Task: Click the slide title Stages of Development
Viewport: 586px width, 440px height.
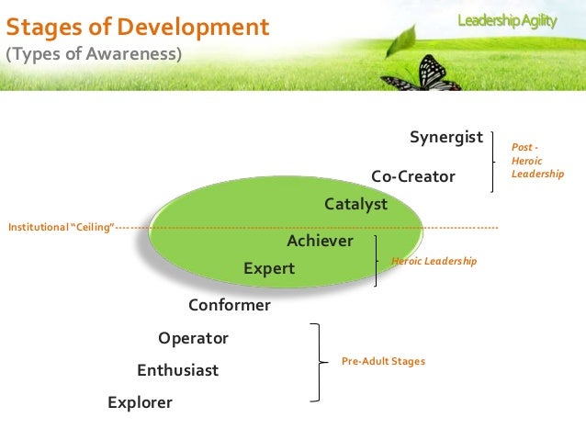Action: click(x=138, y=27)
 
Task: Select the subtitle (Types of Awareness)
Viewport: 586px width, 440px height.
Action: click(x=95, y=55)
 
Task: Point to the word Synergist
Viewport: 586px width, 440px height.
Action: click(x=446, y=138)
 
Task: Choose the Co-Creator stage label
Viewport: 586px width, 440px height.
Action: click(x=412, y=176)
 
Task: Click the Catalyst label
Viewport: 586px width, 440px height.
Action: click(x=356, y=204)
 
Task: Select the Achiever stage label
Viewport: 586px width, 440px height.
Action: click(x=320, y=241)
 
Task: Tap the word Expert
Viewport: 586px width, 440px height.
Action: click(x=269, y=268)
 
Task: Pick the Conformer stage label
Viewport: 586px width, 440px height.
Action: click(x=230, y=305)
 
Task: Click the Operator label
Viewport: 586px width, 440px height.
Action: click(x=193, y=338)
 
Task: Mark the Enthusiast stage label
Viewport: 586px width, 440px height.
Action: click(x=178, y=370)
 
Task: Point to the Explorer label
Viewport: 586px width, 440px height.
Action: click(x=140, y=402)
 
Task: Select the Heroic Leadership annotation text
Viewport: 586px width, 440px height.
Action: click(x=434, y=262)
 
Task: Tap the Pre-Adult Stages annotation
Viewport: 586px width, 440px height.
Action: click(x=383, y=362)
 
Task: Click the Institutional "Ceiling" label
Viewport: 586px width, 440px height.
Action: click(x=61, y=227)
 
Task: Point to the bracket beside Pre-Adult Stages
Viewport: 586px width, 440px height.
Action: click(x=318, y=362)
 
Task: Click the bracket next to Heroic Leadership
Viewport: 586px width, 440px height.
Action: click(x=377, y=261)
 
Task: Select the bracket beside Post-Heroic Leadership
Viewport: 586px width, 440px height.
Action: click(x=496, y=161)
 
